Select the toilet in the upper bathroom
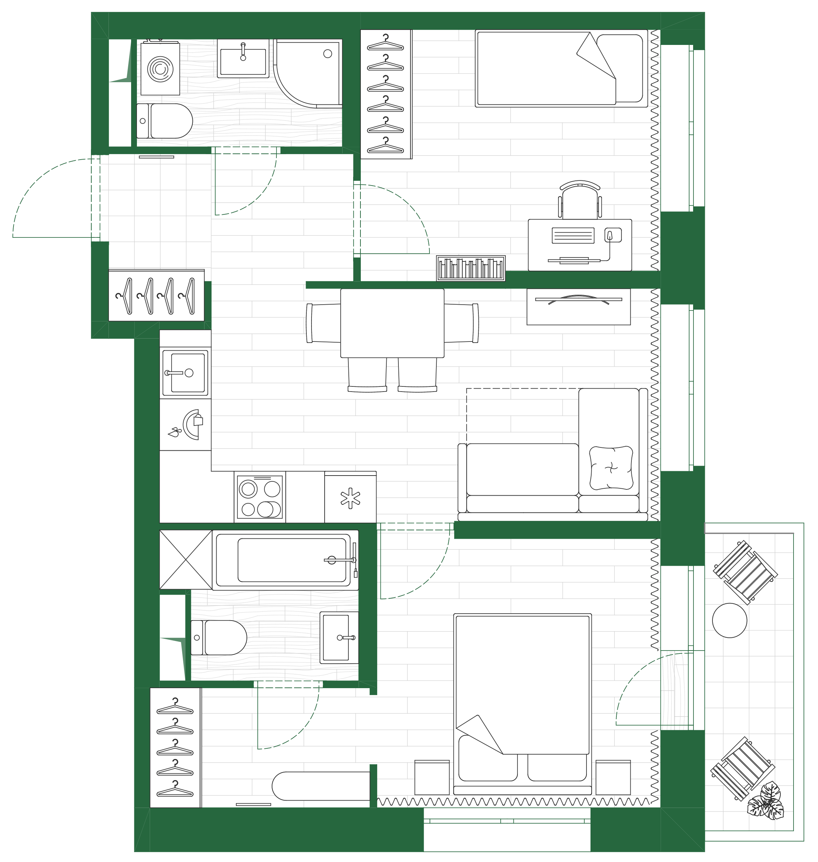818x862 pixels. click(x=166, y=121)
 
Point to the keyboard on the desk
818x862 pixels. click(x=573, y=236)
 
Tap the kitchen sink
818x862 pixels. click(x=185, y=373)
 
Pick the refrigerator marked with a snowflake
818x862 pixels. click(x=350, y=499)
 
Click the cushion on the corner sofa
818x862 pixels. click(x=611, y=468)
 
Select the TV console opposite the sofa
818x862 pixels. click(x=578, y=306)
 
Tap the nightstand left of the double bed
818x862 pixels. click(x=431, y=777)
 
